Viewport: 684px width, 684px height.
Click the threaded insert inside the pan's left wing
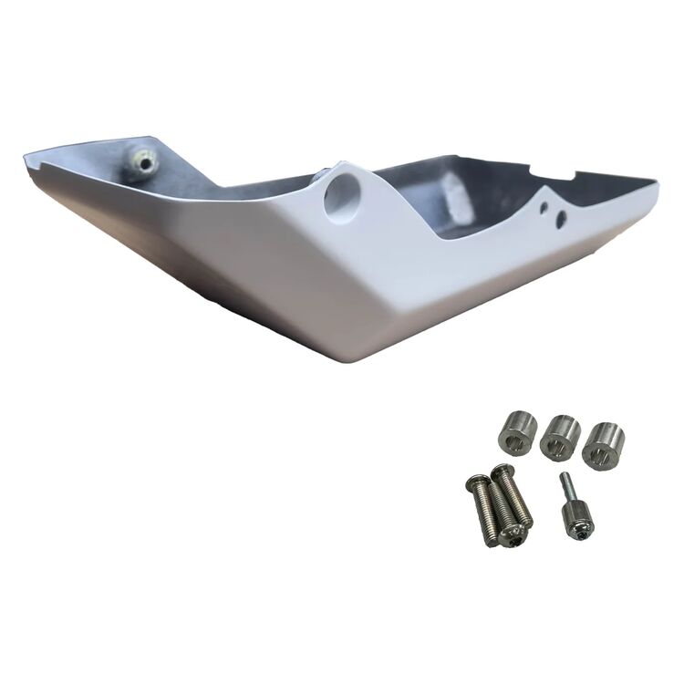[141, 165]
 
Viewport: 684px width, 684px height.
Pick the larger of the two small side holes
[560, 217]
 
